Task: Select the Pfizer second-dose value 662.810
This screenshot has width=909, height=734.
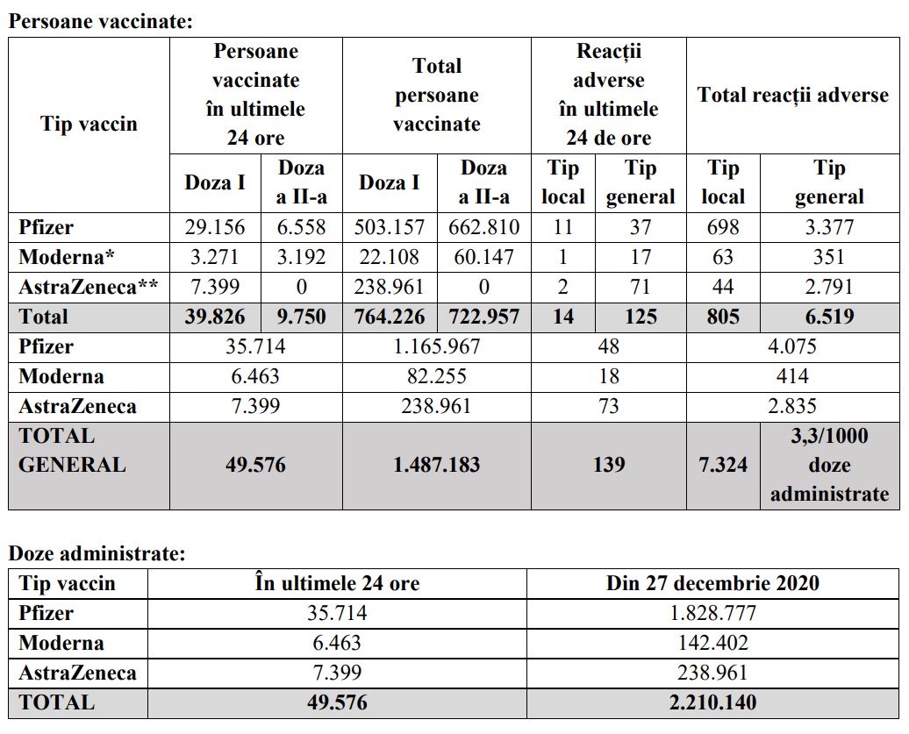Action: point(483,228)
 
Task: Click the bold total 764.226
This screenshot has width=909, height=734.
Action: point(390,317)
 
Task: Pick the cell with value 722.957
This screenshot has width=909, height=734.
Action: point(483,317)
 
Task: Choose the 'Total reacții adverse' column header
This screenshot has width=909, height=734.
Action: point(792,96)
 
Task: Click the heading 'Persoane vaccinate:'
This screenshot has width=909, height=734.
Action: point(100,22)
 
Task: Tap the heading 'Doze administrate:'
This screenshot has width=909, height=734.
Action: point(97,553)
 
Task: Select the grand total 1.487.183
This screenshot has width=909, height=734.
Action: point(436,464)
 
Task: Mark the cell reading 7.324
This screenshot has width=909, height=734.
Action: point(723,464)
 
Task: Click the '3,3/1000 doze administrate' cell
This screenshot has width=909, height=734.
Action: point(829,465)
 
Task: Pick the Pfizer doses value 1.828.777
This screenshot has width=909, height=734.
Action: point(712,613)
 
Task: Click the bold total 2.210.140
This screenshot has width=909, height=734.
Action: point(712,702)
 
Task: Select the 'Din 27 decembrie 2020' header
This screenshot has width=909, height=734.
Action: point(712,583)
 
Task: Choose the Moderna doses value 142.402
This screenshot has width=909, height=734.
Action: point(712,643)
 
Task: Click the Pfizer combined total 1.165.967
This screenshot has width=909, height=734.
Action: point(436,346)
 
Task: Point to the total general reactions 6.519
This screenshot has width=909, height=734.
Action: point(829,317)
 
